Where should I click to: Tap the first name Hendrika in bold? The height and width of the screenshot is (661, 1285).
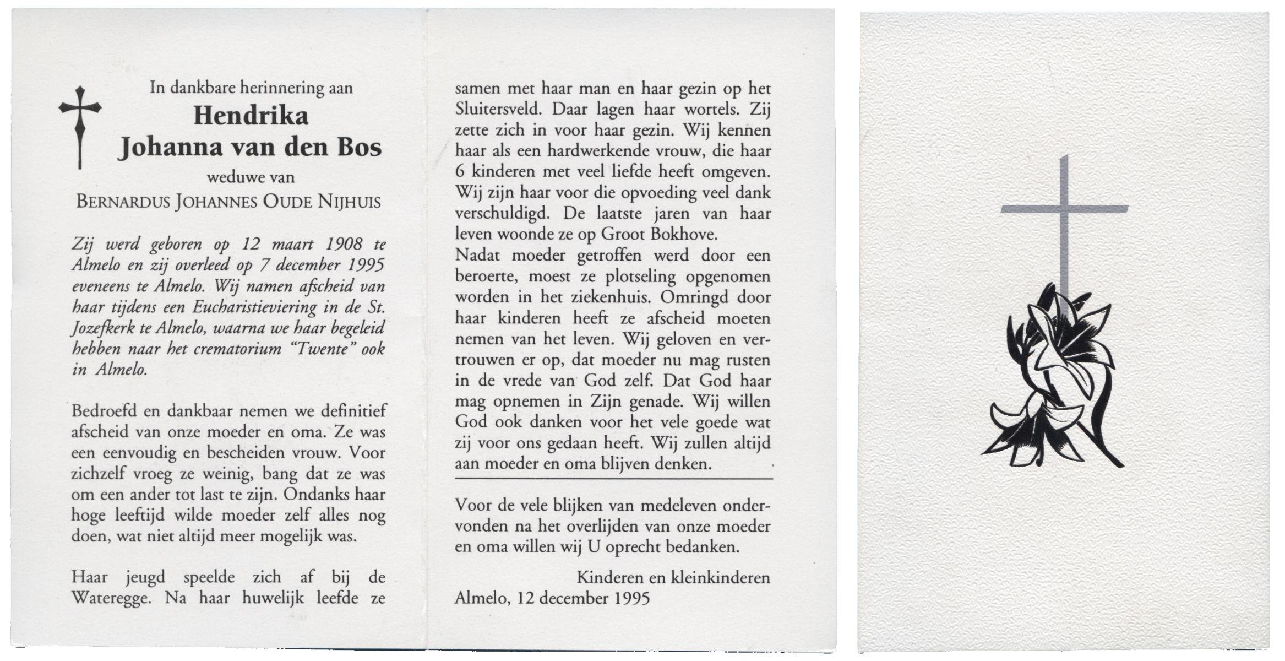[x=251, y=116]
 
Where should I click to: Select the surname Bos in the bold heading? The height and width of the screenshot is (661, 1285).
[x=361, y=148]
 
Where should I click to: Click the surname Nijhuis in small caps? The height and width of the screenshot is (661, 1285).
[x=349, y=202]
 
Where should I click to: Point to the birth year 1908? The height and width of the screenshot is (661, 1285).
[x=346, y=244]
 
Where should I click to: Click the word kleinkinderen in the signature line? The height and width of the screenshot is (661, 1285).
[x=720, y=577]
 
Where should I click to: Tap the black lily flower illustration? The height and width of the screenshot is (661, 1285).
[x=1052, y=386]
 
